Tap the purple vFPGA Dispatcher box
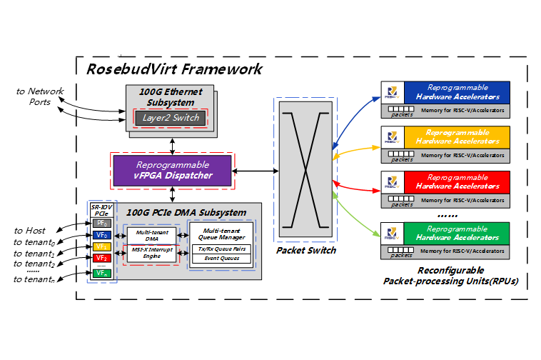pyautogui.click(x=173, y=171)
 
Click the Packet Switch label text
pyautogui.click(x=305, y=251)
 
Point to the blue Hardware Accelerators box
pyautogui.click(x=457, y=91)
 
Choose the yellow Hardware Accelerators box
pyautogui.click(x=457, y=136)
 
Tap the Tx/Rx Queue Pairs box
pyautogui.click(x=221, y=249)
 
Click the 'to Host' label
pyautogui.click(x=30, y=230)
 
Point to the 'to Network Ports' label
pyautogui.click(x=41, y=96)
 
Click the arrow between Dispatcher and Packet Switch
pyautogui.click(x=256, y=171)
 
